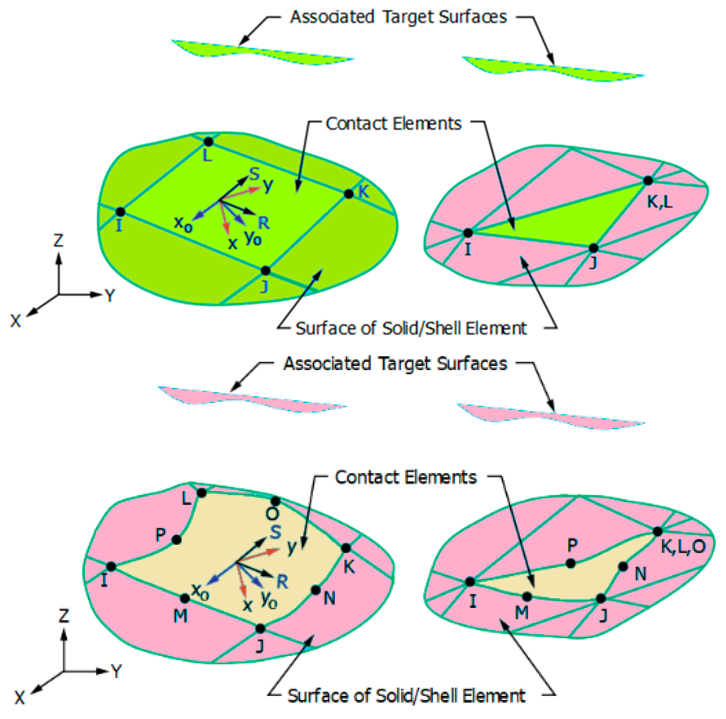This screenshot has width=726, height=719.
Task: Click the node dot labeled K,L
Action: (647, 181)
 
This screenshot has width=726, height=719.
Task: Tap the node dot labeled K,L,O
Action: (657, 531)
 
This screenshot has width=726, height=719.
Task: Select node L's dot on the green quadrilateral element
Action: (208, 142)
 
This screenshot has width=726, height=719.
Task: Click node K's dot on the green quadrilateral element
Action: (349, 194)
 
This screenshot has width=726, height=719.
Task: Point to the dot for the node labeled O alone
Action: (275, 501)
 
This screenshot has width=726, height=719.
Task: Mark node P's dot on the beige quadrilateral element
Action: (177, 540)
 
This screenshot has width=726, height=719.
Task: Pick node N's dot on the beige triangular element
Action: (623, 567)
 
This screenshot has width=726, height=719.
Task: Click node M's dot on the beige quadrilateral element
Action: (184, 598)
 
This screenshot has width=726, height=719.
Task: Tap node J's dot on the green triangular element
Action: (593, 249)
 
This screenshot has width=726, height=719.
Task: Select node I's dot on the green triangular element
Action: (468, 233)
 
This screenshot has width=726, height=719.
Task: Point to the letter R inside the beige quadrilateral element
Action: (282, 582)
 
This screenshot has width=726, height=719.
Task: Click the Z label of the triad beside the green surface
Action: (58, 241)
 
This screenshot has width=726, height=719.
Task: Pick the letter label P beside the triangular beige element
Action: (572, 545)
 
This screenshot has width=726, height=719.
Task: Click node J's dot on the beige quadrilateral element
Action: (260, 628)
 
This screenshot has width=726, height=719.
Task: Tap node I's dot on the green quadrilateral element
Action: (120, 212)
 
